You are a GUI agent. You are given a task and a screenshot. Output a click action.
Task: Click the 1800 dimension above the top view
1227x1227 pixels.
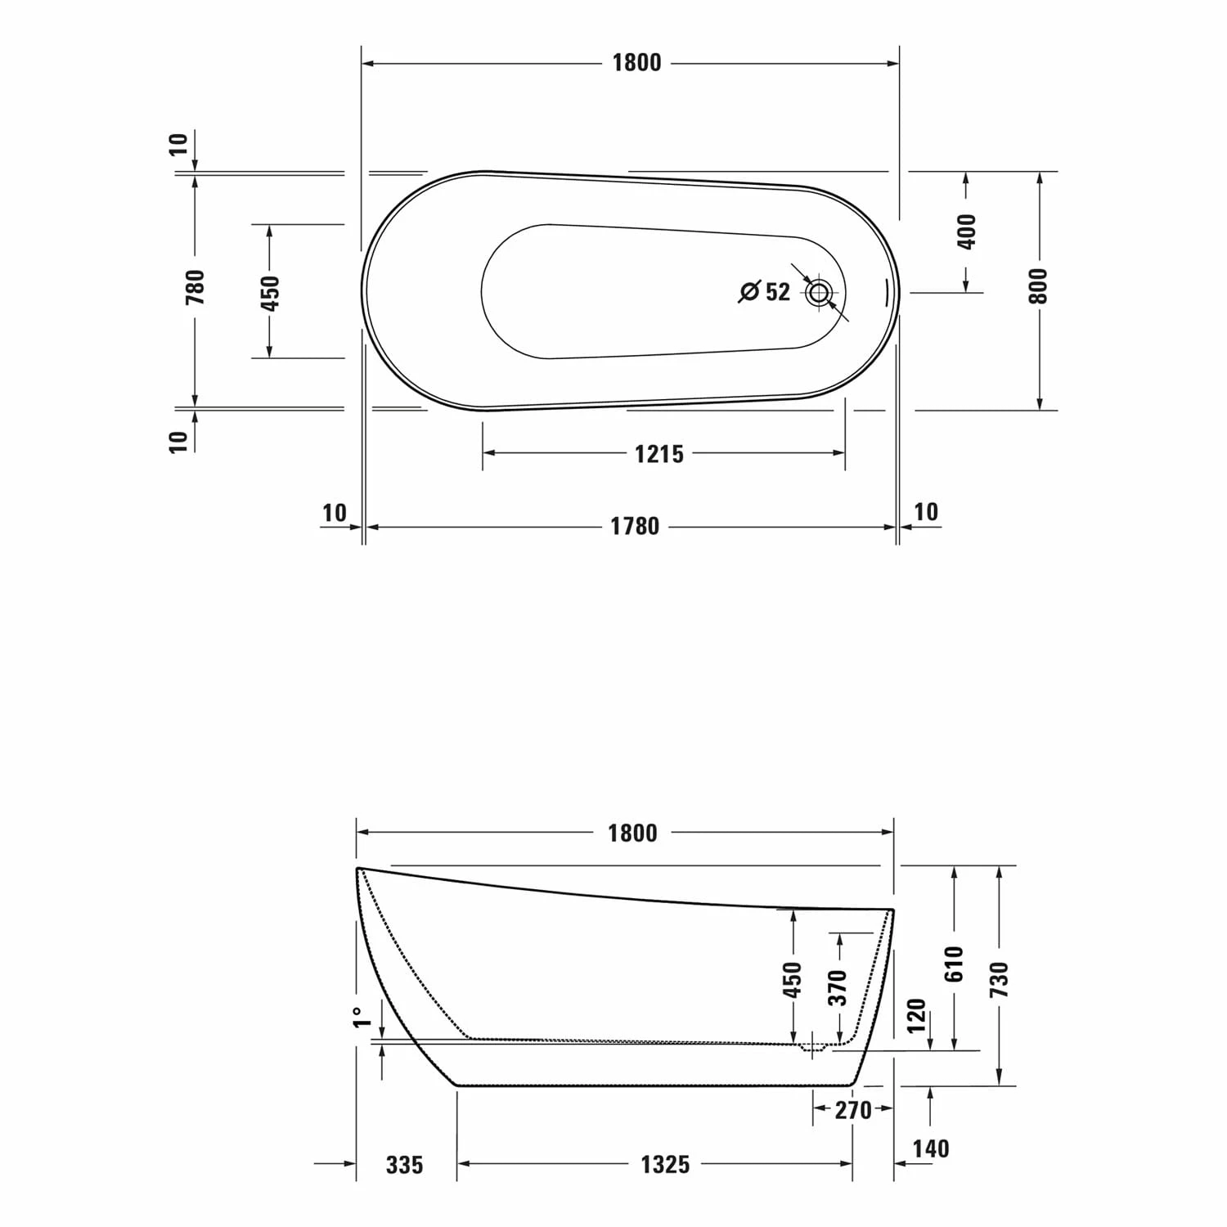636,63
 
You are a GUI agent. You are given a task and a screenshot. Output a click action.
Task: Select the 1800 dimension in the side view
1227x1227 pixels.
632,834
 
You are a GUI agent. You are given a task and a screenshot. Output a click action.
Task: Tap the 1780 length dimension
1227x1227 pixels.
635,526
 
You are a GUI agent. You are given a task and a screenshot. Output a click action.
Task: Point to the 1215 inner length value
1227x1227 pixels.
659,453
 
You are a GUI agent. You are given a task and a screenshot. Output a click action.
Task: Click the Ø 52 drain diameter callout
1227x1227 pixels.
765,291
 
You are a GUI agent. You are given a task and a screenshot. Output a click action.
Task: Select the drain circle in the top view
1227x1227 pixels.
819,292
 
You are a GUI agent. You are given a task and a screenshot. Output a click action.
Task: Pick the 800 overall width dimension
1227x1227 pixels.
1038,285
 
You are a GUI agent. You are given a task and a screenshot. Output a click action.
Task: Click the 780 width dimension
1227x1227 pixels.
196,287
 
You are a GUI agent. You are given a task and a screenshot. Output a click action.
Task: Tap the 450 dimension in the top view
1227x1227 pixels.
269,292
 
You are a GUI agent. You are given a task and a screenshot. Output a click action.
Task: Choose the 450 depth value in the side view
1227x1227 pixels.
793,979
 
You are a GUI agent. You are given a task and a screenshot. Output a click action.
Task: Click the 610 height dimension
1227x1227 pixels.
955,964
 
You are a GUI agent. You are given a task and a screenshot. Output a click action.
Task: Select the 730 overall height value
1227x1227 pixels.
1000,979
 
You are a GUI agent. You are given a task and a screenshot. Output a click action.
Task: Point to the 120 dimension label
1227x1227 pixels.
917,1015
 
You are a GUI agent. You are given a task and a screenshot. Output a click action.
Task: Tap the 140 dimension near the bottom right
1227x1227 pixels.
931,1148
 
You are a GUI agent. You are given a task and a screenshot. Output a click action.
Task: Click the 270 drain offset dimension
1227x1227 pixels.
853,1110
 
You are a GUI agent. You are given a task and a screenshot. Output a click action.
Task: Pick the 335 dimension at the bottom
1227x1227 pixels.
405,1164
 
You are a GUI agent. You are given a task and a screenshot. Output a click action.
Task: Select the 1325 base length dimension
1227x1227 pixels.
665,1164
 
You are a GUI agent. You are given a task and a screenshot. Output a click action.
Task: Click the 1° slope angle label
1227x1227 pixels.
361,1017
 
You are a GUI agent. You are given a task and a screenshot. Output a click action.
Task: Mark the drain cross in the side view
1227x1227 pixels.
813,1046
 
